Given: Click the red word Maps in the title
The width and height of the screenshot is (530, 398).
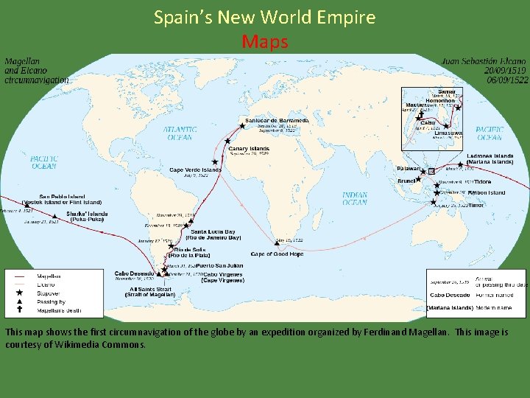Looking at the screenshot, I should pos(264,42).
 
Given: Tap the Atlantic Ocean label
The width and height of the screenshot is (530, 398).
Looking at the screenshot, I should pos(180,133).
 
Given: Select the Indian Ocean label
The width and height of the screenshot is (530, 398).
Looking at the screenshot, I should pos(355,198).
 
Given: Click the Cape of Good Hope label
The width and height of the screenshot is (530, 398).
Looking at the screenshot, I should pos(277,254).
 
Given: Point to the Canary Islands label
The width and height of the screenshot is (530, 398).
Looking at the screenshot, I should pos(250,148).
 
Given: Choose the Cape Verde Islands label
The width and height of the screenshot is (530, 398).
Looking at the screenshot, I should pos(195,170).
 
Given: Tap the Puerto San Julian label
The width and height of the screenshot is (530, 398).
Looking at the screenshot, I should pos(219,265).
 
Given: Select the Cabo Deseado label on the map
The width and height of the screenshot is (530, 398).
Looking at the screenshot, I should pos(133,273).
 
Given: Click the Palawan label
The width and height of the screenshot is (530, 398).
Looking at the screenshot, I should pos(408,169).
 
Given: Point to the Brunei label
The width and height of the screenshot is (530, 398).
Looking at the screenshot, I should pos(406,181).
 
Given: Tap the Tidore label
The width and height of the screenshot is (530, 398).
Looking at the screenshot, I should pos(482,181).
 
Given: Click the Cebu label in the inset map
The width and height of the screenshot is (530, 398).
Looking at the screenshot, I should pos(428,123).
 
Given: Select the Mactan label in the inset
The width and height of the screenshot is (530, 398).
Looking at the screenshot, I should pos(415,105).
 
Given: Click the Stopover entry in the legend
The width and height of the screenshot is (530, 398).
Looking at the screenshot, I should pos(48,293).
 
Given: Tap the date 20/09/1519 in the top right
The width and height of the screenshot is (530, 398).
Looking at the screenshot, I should pos(505,71).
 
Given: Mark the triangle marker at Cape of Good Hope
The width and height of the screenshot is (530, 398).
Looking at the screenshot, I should pos(277,244).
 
